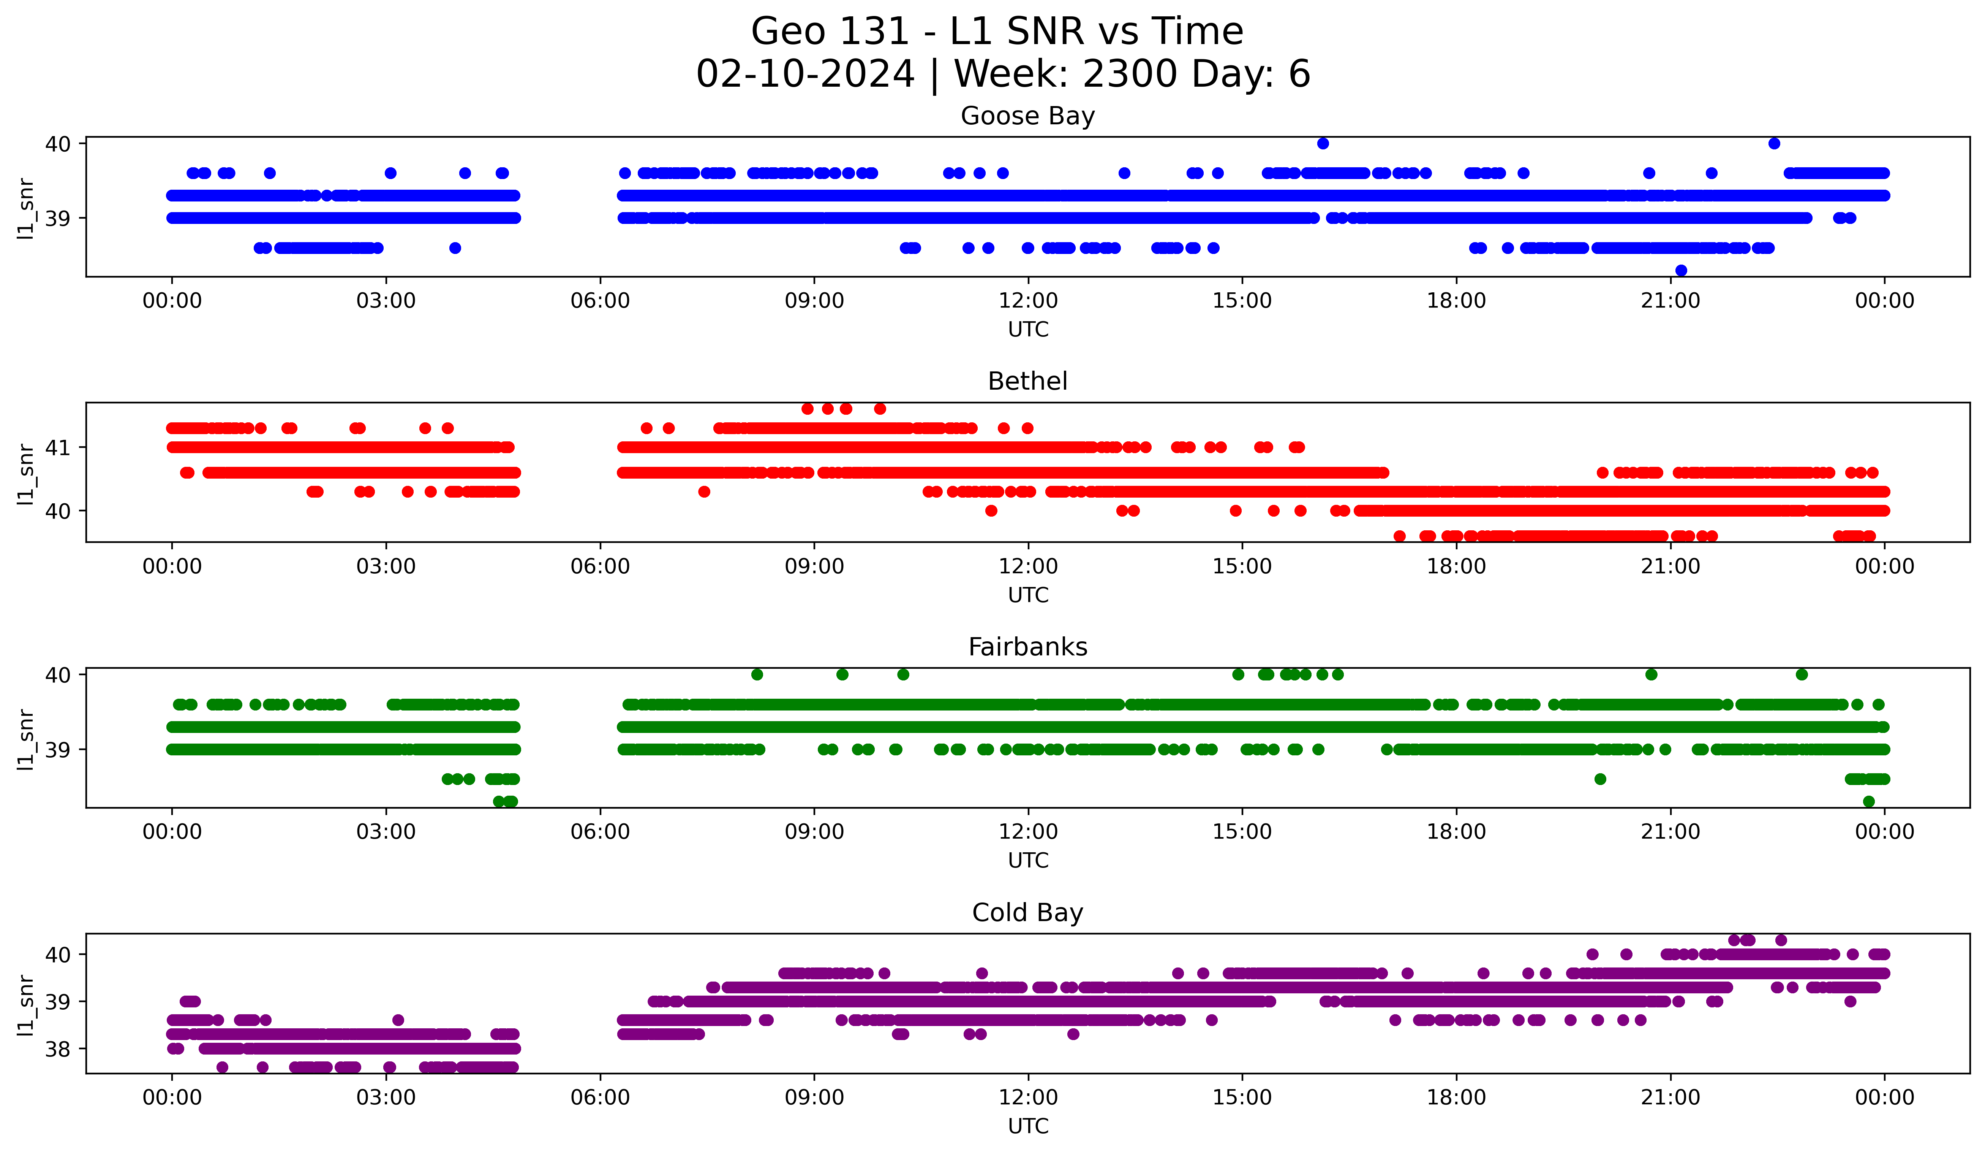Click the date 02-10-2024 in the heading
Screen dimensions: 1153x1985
click(x=805, y=74)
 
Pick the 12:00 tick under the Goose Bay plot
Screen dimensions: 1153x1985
click(x=1028, y=301)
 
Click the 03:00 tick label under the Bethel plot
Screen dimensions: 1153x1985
click(x=386, y=567)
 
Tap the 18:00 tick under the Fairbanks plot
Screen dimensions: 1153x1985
click(x=1456, y=832)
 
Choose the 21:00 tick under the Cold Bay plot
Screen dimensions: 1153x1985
click(x=1670, y=1098)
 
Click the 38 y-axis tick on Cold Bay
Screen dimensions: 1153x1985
click(x=57, y=1049)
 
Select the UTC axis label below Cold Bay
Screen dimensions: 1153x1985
click(x=1028, y=1126)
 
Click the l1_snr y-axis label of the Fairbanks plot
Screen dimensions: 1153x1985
click(x=26, y=739)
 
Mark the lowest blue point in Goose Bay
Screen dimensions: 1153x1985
click(x=1681, y=270)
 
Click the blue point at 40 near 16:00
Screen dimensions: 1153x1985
click(x=1323, y=143)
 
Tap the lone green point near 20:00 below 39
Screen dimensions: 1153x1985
click(x=1600, y=779)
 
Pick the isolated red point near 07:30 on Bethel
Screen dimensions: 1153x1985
click(x=704, y=492)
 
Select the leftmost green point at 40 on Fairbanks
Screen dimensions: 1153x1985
click(x=757, y=675)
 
